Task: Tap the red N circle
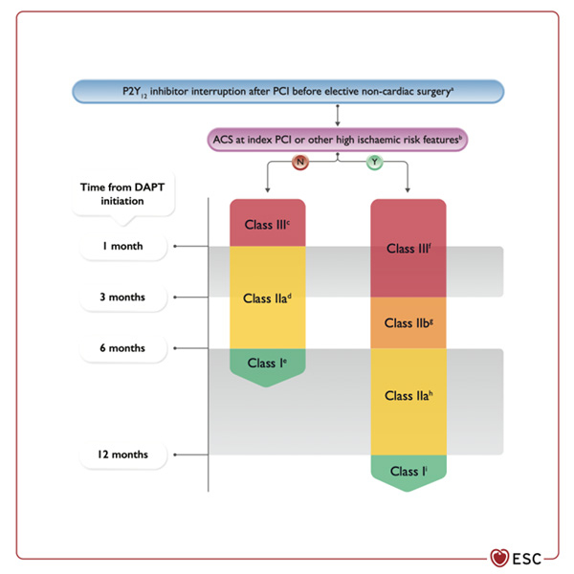pyautogui.click(x=301, y=164)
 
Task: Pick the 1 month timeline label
pyautogui.click(x=123, y=247)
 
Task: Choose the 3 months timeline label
pyautogui.click(x=124, y=297)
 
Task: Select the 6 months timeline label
pyautogui.click(x=124, y=347)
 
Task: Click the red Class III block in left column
pyautogui.click(x=268, y=224)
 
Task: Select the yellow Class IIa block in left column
pyautogui.click(x=268, y=298)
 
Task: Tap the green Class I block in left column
pyautogui.click(x=268, y=364)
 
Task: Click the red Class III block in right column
pyautogui.click(x=408, y=249)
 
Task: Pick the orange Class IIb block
pyautogui.click(x=408, y=323)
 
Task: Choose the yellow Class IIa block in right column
pyautogui.click(x=408, y=396)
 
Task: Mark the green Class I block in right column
pyautogui.click(x=408, y=472)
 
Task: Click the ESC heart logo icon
pyautogui.click(x=499, y=556)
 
